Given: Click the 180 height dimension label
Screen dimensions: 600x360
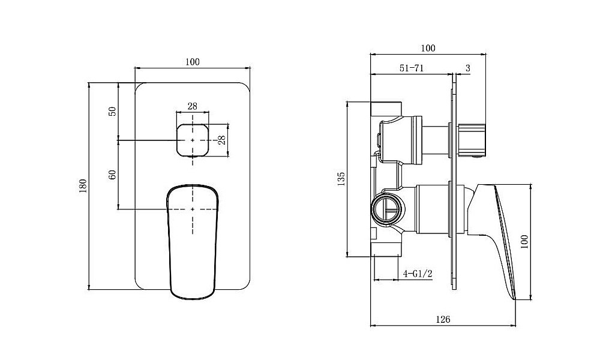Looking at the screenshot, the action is pyautogui.click(x=83, y=185).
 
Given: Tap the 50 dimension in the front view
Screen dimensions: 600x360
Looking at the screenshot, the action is pyautogui.click(x=112, y=112).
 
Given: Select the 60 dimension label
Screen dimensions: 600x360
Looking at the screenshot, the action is pyautogui.click(x=112, y=175).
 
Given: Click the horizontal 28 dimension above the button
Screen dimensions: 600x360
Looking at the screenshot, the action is pyautogui.click(x=193, y=106).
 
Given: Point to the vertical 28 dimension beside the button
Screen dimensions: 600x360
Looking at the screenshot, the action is pyautogui.click(x=222, y=140).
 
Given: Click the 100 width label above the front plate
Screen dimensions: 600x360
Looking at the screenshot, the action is pyautogui.click(x=193, y=62).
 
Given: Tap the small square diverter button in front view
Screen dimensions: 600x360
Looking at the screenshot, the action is pyautogui.click(x=193, y=140).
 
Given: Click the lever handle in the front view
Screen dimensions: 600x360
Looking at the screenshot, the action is pyautogui.click(x=193, y=242).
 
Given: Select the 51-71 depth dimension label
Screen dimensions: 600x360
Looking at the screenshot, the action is pyautogui.click(x=412, y=68).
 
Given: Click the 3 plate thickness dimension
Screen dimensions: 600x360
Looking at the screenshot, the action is pyautogui.click(x=467, y=68).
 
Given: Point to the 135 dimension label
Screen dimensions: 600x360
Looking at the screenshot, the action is pyautogui.click(x=341, y=179).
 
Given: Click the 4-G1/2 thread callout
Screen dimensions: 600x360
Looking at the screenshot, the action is pyautogui.click(x=418, y=274).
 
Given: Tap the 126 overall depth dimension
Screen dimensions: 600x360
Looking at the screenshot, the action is pyautogui.click(x=443, y=319).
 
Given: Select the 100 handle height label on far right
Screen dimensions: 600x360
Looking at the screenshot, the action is pyautogui.click(x=524, y=242).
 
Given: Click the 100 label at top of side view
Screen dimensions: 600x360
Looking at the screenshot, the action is pyautogui.click(x=428, y=48).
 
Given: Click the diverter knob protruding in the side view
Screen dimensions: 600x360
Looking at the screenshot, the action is pyautogui.click(x=472, y=140).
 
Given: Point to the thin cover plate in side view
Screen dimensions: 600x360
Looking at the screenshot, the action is pyautogui.click(x=455, y=183).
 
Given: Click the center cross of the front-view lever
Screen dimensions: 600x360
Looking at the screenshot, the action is pyautogui.click(x=193, y=209).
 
